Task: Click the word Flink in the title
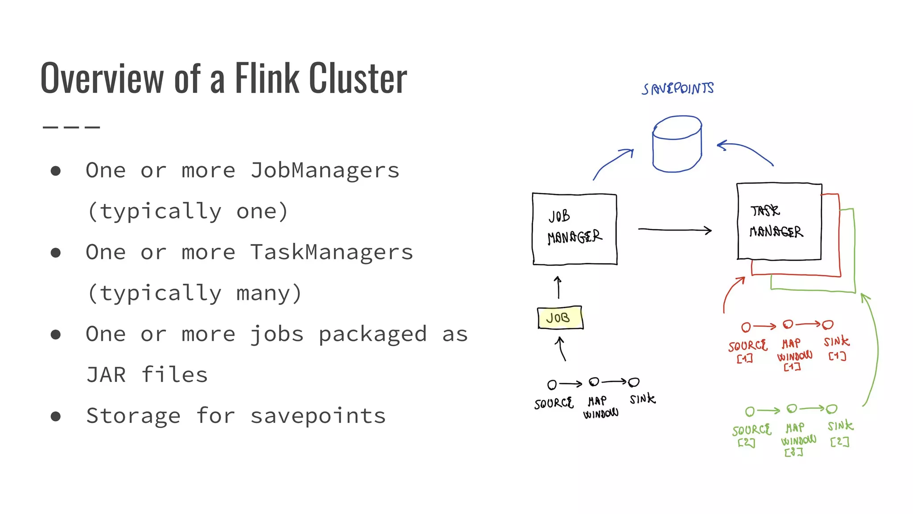point(267,79)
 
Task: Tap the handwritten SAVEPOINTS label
point(678,88)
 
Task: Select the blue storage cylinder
point(677,145)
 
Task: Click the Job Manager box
point(575,229)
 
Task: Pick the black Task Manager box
point(779,221)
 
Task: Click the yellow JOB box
point(559,318)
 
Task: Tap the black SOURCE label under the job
point(554,403)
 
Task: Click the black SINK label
point(642,398)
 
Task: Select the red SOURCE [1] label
point(747,350)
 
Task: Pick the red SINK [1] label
point(836,348)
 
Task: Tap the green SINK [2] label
point(840,432)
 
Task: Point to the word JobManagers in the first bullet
point(325,170)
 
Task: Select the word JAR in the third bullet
point(106,375)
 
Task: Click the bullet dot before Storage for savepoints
point(56,416)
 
